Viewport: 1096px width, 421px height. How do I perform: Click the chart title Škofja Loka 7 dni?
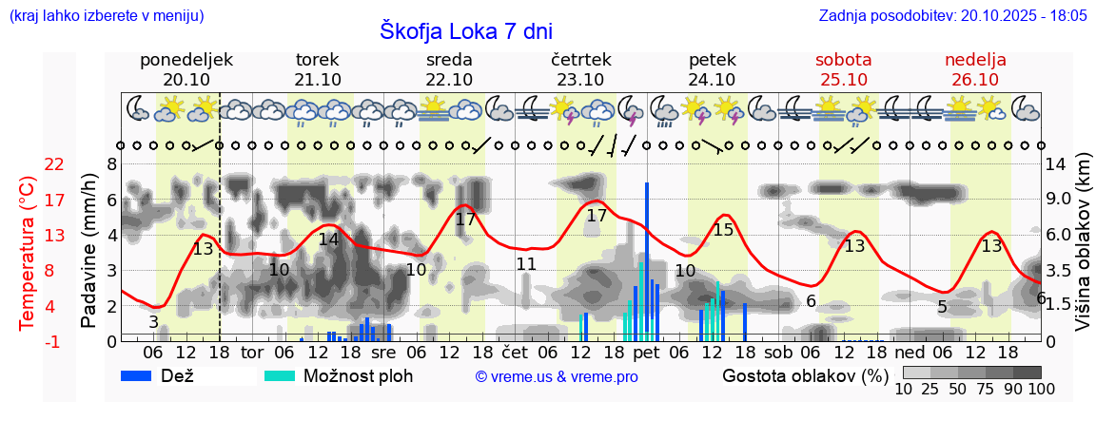point(465,30)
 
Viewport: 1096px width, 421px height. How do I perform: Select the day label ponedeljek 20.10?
point(186,69)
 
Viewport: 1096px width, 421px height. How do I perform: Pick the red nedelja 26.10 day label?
point(975,69)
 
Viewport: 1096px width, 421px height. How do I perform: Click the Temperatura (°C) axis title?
point(28,253)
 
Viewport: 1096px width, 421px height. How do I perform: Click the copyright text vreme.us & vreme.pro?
point(557,376)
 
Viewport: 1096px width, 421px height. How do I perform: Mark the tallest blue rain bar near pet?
point(646,261)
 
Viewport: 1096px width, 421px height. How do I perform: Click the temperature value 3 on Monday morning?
point(153,322)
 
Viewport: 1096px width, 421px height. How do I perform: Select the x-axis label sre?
point(383,353)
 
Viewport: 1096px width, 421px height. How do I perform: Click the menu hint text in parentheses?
point(106,15)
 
